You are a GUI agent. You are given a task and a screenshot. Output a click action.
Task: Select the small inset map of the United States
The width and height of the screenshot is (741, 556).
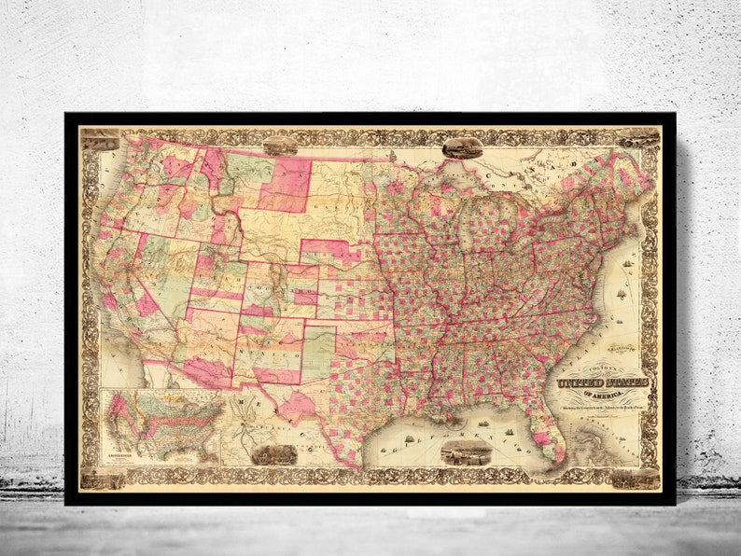(x=162, y=427)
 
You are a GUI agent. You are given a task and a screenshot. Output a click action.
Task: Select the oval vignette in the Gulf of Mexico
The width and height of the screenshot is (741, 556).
(x=465, y=453)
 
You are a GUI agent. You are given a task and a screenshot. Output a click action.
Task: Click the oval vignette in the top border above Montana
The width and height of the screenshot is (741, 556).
(x=280, y=146)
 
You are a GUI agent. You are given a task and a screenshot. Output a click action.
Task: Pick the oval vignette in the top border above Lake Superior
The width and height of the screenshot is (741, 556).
(x=462, y=146)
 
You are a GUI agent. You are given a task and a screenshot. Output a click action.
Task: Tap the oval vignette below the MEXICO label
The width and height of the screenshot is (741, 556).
(x=273, y=454)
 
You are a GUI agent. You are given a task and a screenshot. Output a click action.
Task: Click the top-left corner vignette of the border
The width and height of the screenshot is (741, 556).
(x=99, y=139)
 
